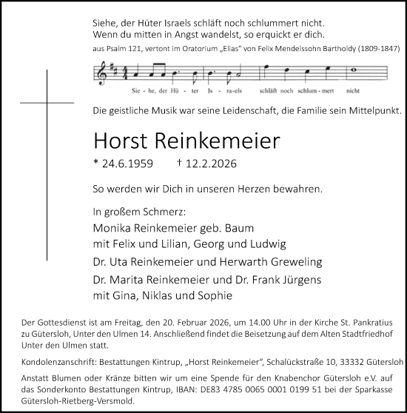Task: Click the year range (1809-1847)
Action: point(376,49)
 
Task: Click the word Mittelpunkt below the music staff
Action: point(372,111)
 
